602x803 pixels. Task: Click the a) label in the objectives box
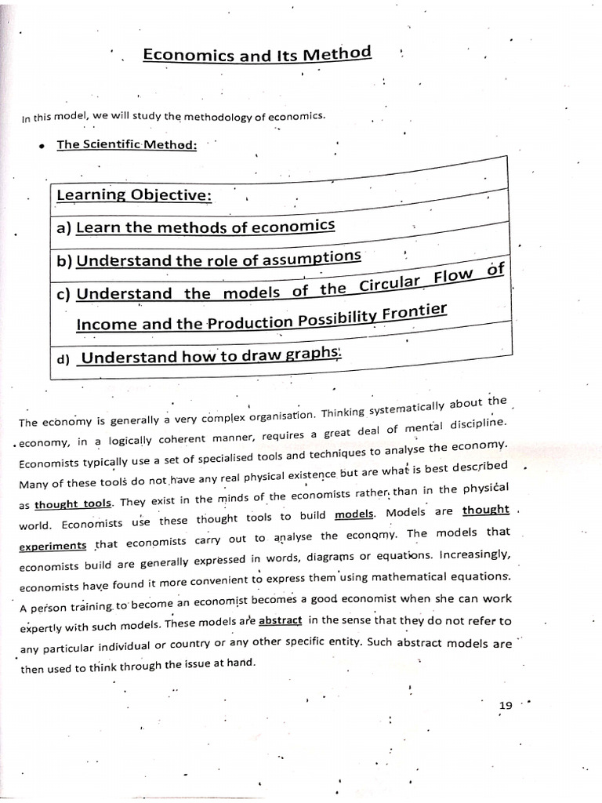63,228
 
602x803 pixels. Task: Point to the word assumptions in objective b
314,258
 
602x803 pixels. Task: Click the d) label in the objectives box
63,359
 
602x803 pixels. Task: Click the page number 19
506,705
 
